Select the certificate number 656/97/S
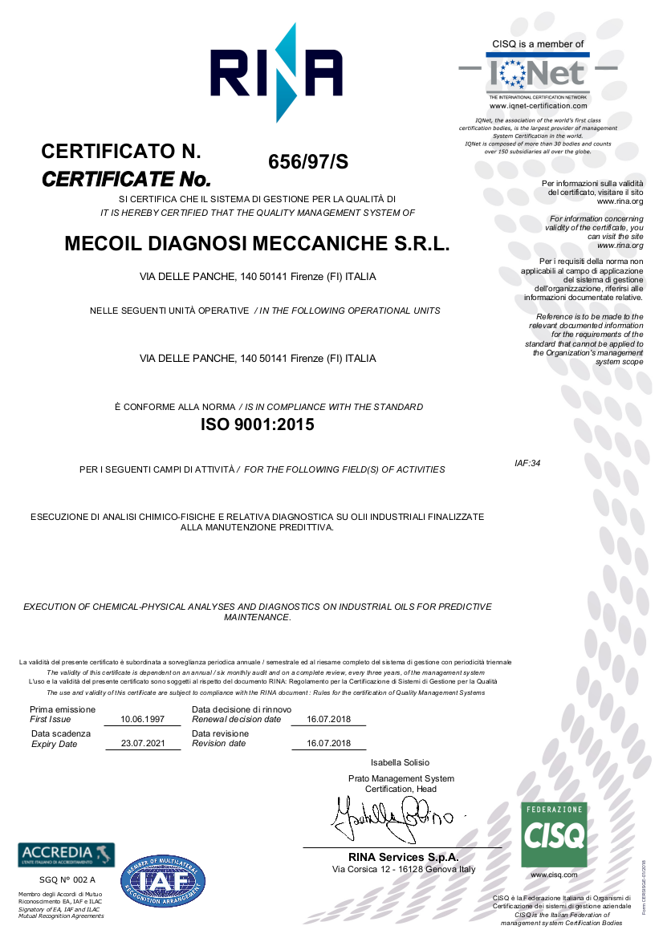point(308,161)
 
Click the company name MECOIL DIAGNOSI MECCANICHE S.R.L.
point(257,245)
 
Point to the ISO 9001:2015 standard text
point(257,425)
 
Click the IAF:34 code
point(527,463)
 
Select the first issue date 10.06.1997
point(142,720)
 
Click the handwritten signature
point(393,814)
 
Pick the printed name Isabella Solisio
point(400,762)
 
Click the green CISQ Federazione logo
point(554,834)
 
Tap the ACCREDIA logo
point(66,855)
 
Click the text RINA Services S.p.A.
point(403,858)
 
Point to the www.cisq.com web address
point(554,875)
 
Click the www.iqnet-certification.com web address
point(538,106)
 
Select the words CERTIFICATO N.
point(120,151)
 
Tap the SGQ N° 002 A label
point(62,880)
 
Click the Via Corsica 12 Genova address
point(404,870)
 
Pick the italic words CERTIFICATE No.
point(126,178)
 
